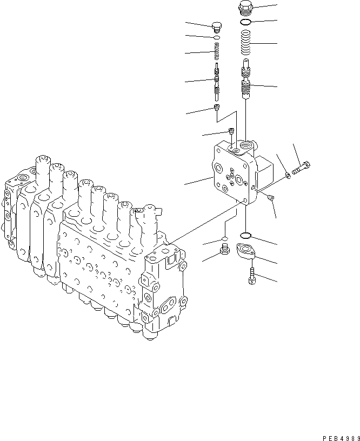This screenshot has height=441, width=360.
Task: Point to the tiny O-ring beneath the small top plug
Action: tap(217, 38)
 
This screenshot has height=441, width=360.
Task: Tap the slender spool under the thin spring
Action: tap(217, 79)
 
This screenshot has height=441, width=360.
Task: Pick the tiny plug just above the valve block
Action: tap(231, 131)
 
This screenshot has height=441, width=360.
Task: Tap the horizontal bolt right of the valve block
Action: tap(301, 168)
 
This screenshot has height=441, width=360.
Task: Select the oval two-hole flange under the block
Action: tap(246, 251)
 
